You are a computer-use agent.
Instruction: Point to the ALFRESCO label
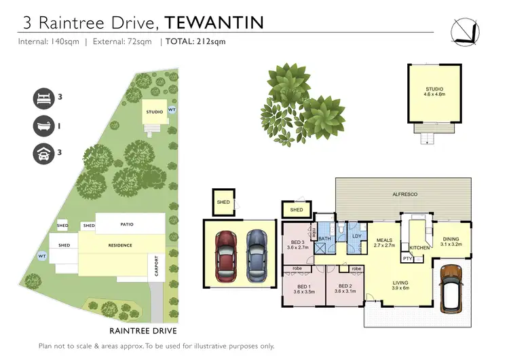[x=405, y=194]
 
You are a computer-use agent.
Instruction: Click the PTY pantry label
[x=408, y=259]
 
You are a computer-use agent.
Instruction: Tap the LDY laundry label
[x=356, y=236]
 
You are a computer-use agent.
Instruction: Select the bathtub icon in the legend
[x=43, y=126]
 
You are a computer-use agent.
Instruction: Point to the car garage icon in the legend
[x=43, y=154]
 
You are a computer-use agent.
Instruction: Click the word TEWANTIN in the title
[x=214, y=22]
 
